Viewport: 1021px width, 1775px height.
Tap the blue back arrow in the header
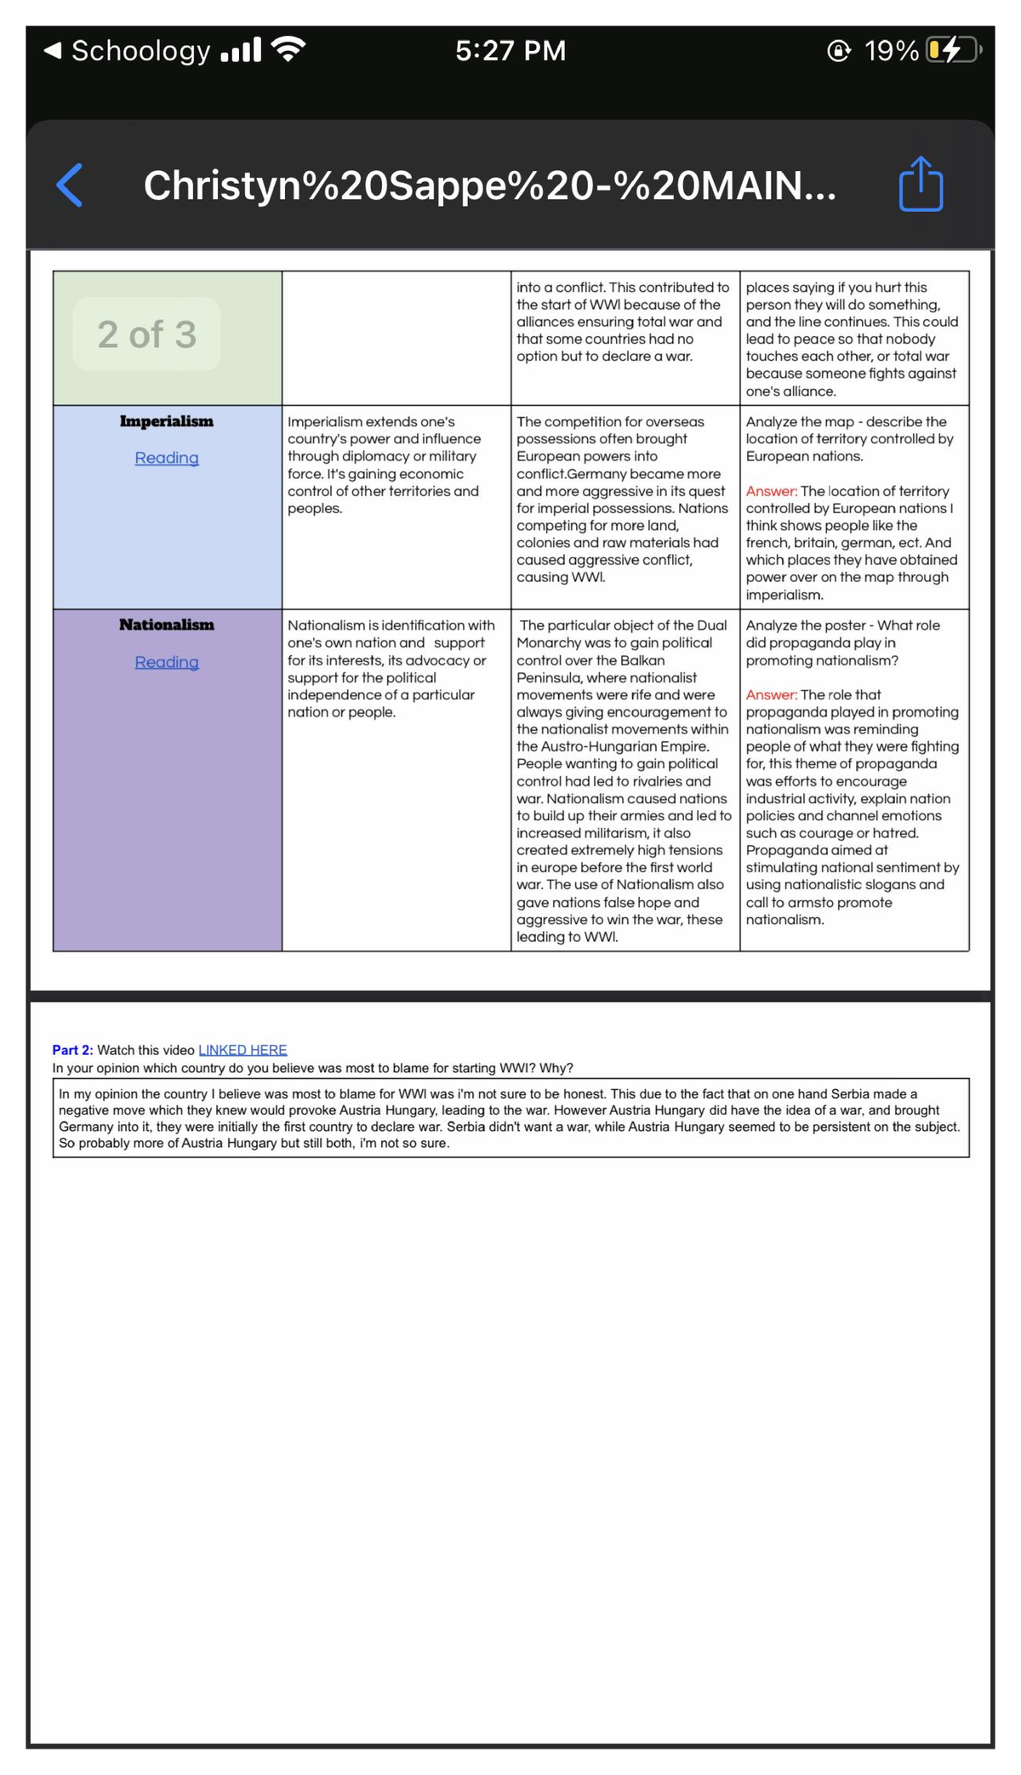pyautogui.click(x=70, y=185)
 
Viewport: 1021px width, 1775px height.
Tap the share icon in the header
pyautogui.click(x=921, y=184)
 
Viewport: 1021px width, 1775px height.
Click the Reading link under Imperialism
pyautogui.click(x=167, y=458)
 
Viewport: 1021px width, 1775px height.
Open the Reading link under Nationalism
pyautogui.click(x=167, y=662)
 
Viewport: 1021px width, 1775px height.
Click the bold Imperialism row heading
pyautogui.click(x=167, y=421)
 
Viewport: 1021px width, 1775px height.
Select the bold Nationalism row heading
pyautogui.click(x=167, y=625)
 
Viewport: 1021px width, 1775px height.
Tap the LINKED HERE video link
pyautogui.click(x=242, y=1050)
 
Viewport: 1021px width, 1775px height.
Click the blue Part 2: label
pyautogui.click(x=72, y=1050)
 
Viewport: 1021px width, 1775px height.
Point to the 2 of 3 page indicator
pyautogui.click(x=146, y=334)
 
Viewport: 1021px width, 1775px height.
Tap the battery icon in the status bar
pyautogui.click(x=953, y=50)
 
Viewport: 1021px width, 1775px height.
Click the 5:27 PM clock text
pyautogui.click(x=510, y=50)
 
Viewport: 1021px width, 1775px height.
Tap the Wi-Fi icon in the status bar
pyautogui.click(x=288, y=49)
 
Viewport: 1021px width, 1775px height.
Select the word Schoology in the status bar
pyautogui.click(x=140, y=50)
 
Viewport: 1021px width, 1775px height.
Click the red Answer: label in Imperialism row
pyautogui.click(x=771, y=491)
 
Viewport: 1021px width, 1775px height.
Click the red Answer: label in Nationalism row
pyautogui.click(x=771, y=694)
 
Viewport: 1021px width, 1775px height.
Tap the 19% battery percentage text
pyautogui.click(x=891, y=50)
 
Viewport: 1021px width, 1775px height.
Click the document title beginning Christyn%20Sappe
pyautogui.click(x=489, y=185)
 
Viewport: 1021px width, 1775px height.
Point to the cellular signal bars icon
pyautogui.click(x=240, y=50)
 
